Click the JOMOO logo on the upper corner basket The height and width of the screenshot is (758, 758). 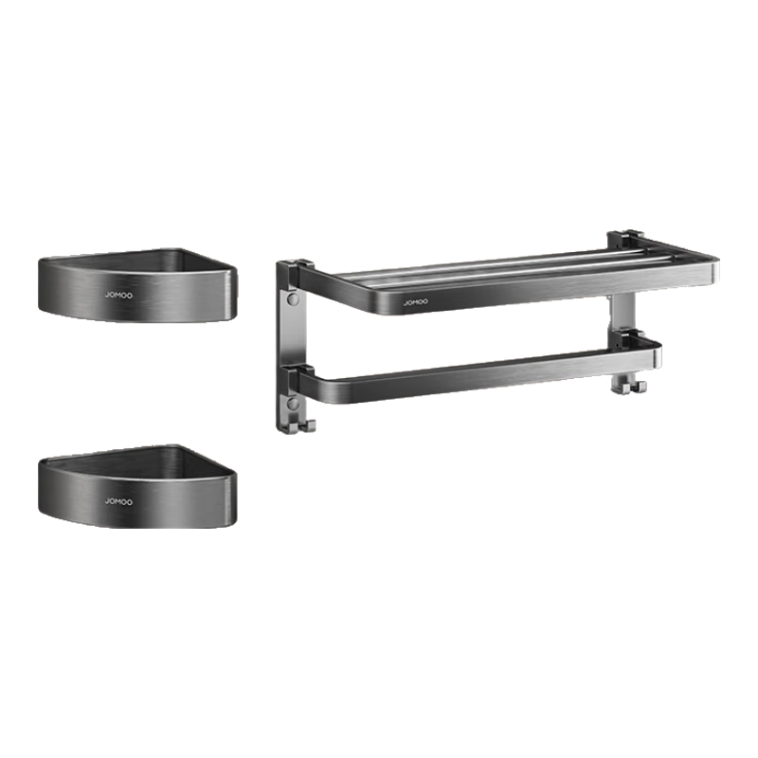(118, 295)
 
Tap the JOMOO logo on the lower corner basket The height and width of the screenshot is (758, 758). (118, 502)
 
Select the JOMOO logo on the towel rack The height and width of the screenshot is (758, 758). (416, 302)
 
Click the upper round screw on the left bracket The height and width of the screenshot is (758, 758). (293, 298)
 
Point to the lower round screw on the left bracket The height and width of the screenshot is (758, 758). (293, 404)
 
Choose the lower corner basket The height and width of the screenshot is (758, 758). (137, 486)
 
